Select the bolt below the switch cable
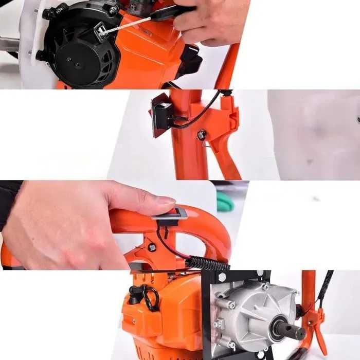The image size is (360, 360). click(201, 135)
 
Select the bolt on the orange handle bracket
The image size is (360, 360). click(152, 247)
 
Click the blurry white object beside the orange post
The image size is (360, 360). click(314, 134)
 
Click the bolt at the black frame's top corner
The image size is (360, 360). click(222, 277)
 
